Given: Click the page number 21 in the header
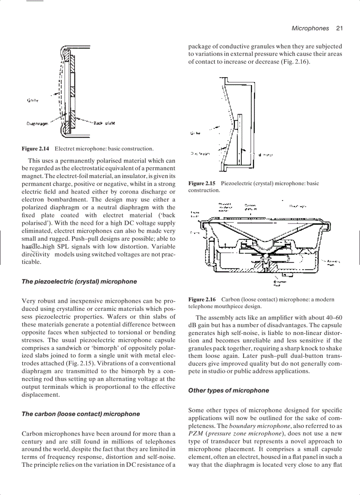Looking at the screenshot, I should tap(339, 28).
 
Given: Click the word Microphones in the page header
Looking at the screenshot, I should tap(310, 28).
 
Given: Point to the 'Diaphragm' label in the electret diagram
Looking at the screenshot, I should tap(37, 124).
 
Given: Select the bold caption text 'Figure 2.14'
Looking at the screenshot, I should tap(35, 149).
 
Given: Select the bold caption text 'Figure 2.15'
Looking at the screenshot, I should tap(202, 183).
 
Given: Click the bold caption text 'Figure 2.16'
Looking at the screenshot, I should tap(202, 299).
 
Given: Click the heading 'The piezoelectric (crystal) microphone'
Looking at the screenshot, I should tap(79, 282).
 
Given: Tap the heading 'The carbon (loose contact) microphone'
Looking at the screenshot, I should tap(81, 414).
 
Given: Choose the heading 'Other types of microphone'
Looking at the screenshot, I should tap(229, 391).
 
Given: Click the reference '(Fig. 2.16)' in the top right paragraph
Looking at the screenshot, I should tap(295, 62).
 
